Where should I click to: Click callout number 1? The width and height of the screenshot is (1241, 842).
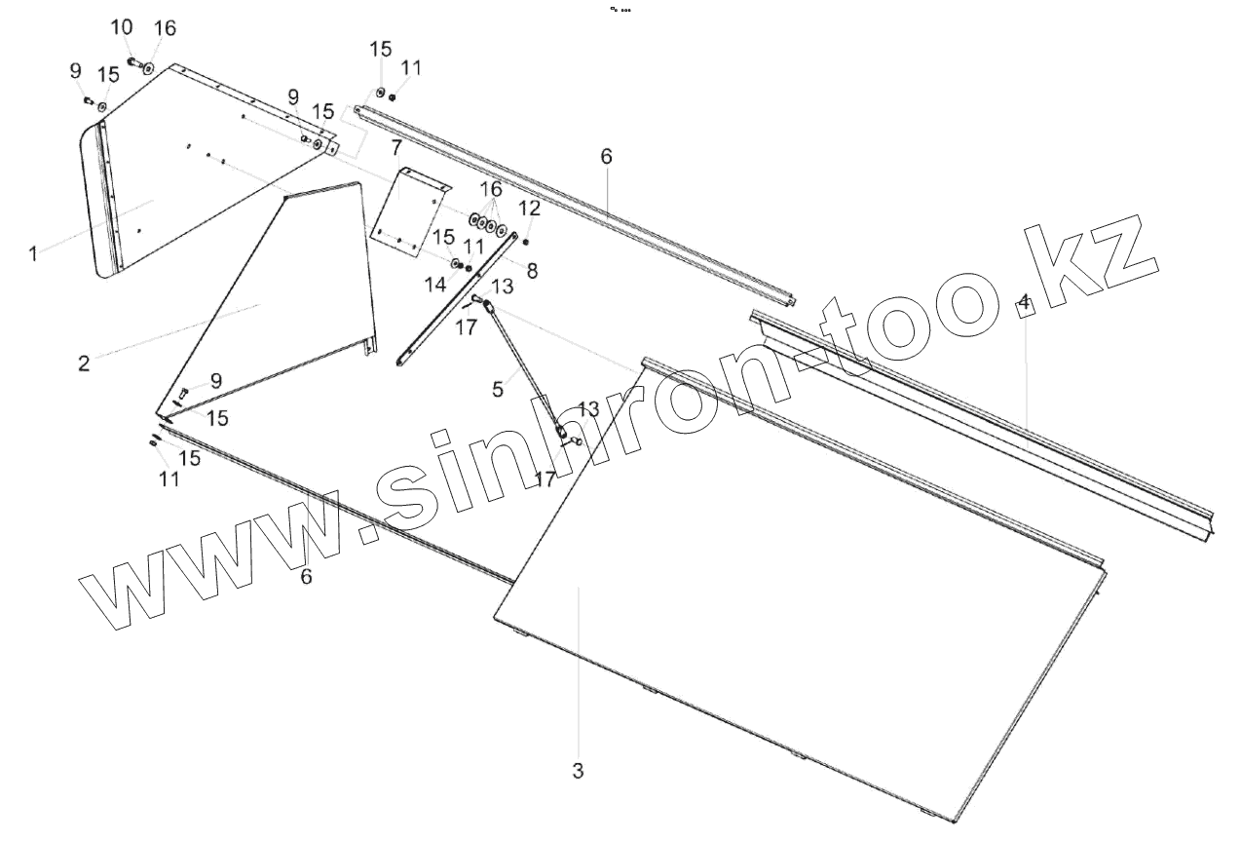pos(33,253)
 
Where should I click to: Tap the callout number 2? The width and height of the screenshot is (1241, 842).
pos(84,364)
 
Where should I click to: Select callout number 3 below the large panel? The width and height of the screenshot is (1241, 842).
pos(578,771)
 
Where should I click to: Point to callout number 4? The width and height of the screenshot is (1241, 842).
pos(1023,302)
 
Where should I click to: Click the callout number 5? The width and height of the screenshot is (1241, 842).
pos(498,389)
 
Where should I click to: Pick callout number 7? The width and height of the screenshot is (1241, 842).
pos(396,148)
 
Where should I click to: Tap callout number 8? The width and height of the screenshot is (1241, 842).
pos(532,272)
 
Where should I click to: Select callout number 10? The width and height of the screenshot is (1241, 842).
pos(121,27)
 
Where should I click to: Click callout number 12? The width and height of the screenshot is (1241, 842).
pos(529,208)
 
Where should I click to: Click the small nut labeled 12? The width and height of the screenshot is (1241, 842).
pos(526,242)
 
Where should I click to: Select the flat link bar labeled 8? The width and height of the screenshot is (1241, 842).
pos(458,297)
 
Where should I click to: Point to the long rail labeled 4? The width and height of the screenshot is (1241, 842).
pos(984,419)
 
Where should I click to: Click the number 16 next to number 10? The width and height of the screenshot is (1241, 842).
pos(165,27)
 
